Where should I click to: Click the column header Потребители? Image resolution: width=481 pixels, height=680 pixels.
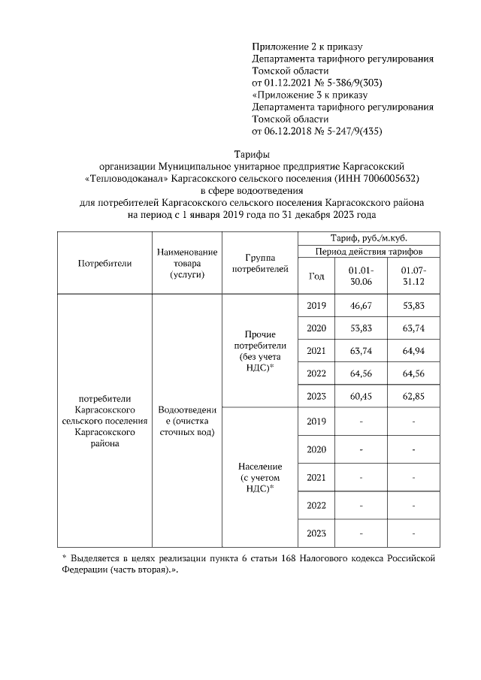pos(104,263)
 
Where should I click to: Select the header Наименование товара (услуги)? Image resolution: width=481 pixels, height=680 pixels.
pos(186,264)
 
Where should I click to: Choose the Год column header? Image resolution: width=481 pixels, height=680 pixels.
pos(316,276)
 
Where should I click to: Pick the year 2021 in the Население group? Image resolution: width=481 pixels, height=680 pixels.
pos(316,476)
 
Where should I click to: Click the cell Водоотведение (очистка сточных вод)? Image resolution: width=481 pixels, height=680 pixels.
pos(186,422)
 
